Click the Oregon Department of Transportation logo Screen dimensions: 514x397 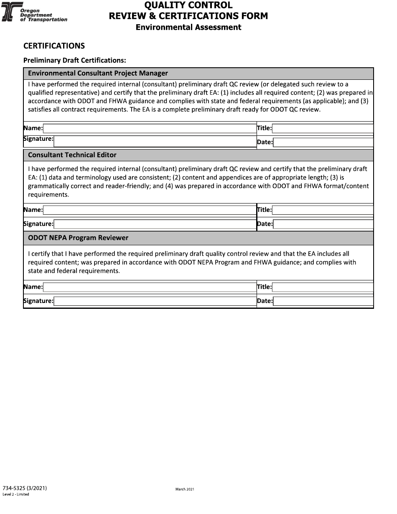point(34,13)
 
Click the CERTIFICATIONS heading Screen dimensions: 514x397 point(54,46)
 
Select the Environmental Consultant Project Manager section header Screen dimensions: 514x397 point(98,73)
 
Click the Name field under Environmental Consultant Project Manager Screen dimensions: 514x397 point(150,128)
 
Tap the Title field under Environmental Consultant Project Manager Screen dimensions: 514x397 point(323,128)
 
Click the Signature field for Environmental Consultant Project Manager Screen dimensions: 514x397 point(155,141)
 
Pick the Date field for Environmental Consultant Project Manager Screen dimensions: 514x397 point(323,142)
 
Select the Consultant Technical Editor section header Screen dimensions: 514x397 point(72,155)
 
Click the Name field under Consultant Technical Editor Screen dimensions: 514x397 point(150,210)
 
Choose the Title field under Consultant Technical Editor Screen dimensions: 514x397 point(323,210)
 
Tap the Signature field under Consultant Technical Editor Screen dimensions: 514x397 point(155,224)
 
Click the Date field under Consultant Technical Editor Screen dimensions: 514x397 point(323,224)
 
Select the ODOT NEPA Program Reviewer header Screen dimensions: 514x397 point(78,238)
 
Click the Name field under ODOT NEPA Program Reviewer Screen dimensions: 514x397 point(150,287)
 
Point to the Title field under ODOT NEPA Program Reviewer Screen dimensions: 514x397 point(323,287)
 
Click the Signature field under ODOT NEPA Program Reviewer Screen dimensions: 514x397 point(155,301)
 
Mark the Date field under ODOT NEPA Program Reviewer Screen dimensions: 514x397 point(323,301)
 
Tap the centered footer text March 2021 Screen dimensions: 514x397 point(185,489)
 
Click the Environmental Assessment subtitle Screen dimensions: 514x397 point(188,27)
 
